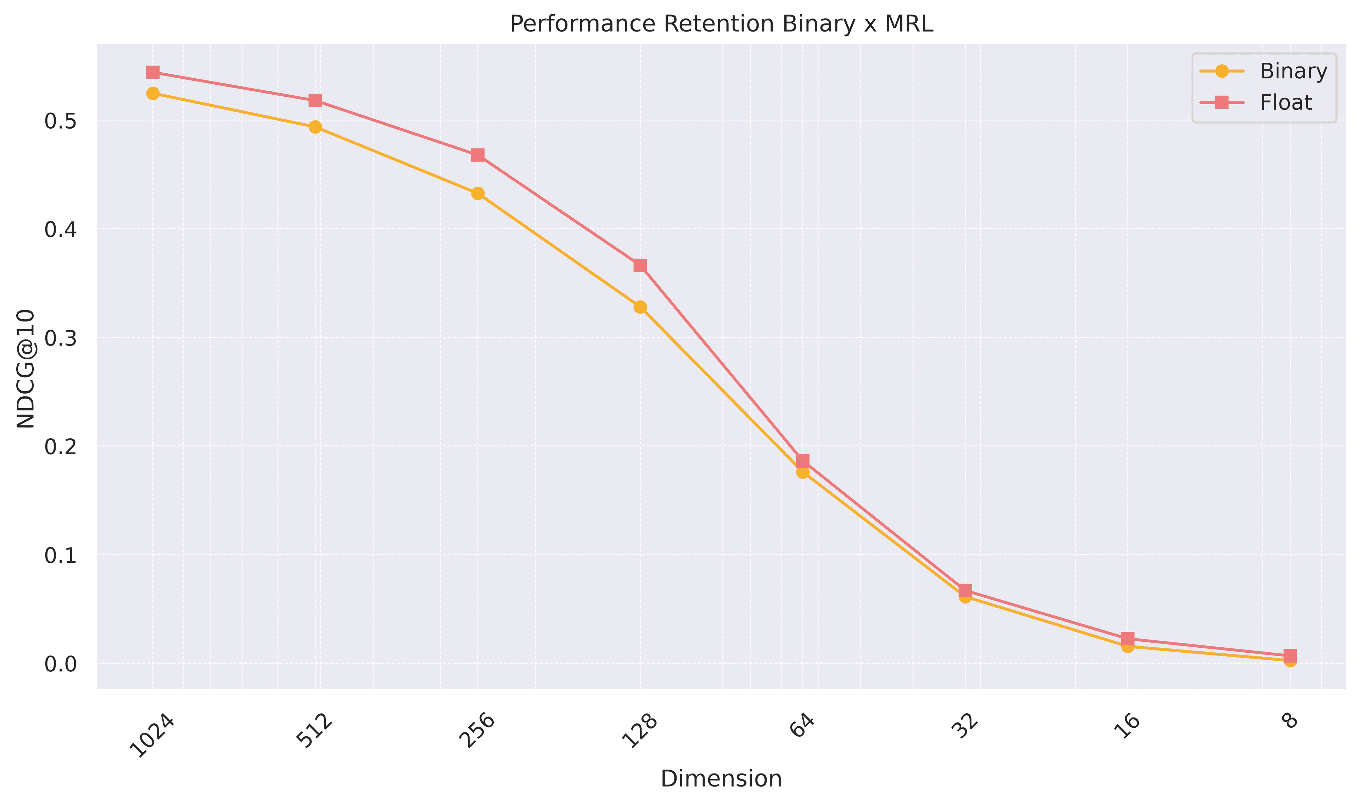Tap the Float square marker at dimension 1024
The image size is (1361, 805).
tap(153, 72)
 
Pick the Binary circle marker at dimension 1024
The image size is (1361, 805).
tap(153, 93)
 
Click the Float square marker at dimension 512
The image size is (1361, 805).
tap(315, 100)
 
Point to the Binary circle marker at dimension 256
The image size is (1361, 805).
tap(477, 194)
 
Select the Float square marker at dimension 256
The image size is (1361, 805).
tap(477, 155)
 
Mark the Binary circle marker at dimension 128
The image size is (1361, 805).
tap(640, 307)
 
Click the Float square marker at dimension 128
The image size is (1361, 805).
tap(640, 265)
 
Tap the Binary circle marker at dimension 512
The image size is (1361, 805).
tap(315, 127)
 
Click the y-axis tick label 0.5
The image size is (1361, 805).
tap(60, 121)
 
